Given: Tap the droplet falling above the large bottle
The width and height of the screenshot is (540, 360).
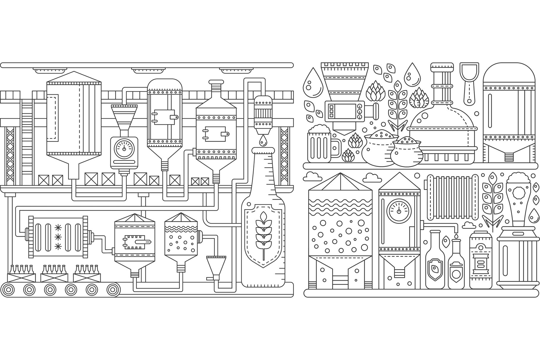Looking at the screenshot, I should pos(263,140).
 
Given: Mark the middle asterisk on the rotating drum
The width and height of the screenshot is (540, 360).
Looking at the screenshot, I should pos(58,236).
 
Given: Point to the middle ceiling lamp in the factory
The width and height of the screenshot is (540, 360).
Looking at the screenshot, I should pos(147,71).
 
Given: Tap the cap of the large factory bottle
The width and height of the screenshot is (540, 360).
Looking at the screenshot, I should pos(263,150).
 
